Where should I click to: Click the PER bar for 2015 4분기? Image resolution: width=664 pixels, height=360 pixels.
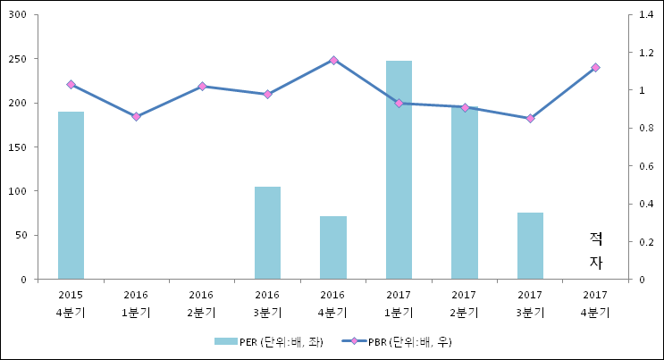pyautogui.click(x=71, y=195)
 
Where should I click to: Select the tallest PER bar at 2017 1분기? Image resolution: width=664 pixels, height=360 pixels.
pyautogui.click(x=399, y=170)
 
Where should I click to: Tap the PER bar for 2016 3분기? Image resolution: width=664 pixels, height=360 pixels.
pyautogui.click(x=267, y=232)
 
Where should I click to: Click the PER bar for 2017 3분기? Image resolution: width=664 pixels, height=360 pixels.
pyautogui.click(x=530, y=246)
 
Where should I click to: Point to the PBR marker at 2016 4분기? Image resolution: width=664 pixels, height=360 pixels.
pyautogui.click(x=333, y=60)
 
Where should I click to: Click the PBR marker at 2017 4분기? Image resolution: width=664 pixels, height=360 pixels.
pyautogui.click(x=596, y=68)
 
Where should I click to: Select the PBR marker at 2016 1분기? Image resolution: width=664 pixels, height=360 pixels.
pyautogui.click(x=136, y=116)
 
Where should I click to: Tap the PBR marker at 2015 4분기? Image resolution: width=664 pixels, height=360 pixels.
pyautogui.click(x=71, y=84)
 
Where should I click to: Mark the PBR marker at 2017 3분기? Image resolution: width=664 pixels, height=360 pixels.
pyautogui.click(x=530, y=118)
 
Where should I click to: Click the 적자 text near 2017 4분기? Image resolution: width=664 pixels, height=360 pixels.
pyautogui.click(x=596, y=250)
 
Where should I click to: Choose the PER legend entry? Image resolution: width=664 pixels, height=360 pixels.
pyautogui.click(x=259, y=341)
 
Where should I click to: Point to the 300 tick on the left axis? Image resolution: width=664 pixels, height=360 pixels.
pyautogui.click(x=18, y=15)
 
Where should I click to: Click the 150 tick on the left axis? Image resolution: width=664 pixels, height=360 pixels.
pyautogui.click(x=18, y=147)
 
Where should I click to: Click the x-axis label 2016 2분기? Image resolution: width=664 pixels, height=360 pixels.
pyautogui.click(x=202, y=303)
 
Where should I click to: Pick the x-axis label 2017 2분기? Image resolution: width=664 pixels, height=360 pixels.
pyautogui.click(x=464, y=303)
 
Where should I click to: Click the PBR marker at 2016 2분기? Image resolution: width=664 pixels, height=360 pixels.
pyautogui.click(x=202, y=87)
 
